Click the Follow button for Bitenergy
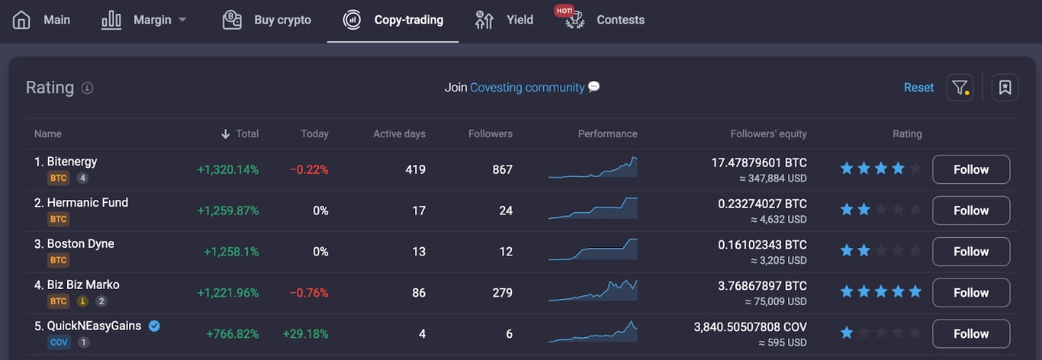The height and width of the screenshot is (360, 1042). [x=970, y=169]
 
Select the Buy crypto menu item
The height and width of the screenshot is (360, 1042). [x=267, y=20]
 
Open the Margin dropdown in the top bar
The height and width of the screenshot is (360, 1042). [x=144, y=20]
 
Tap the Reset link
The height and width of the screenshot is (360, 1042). [x=918, y=88]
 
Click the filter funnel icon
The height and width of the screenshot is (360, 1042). [x=959, y=88]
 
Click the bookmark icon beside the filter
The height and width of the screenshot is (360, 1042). [x=1005, y=88]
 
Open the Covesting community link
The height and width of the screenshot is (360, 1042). [x=527, y=88]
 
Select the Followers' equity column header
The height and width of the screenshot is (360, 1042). [x=768, y=133]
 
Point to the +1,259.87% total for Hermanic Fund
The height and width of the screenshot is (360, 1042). [x=227, y=211]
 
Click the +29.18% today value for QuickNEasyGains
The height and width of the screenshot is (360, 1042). [x=305, y=334]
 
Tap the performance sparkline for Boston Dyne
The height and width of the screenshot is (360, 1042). [x=593, y=249]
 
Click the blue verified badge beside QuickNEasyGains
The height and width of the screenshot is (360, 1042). [x=154, y=326]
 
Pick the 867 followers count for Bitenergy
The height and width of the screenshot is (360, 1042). [x=502, y=169]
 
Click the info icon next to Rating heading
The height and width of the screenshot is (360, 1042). [x=87, y=88]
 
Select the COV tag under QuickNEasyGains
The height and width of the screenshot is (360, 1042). [x=59, y=342]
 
